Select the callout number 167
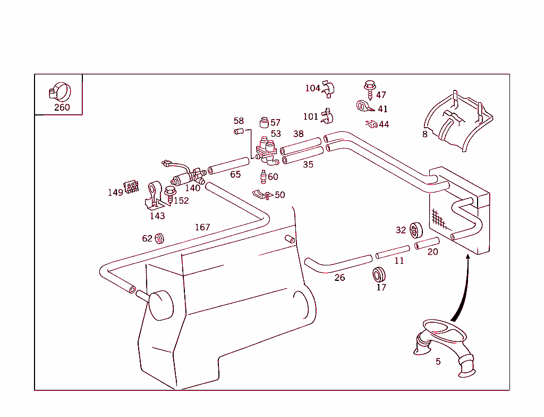tap(202, 227)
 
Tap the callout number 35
tap(308, 165)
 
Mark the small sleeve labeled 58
tap(239, 131)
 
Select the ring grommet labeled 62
tap(159, 238)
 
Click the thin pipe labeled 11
tap(393, 251)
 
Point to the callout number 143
tap(157, 216)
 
